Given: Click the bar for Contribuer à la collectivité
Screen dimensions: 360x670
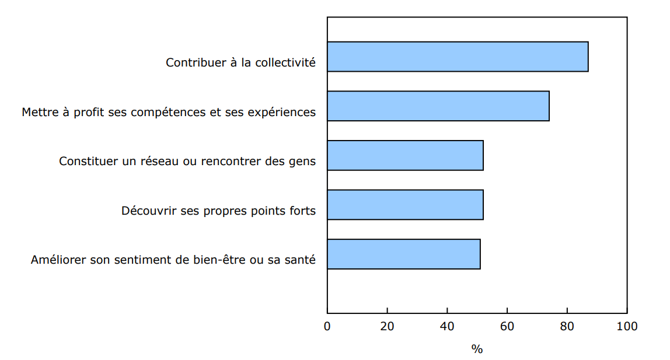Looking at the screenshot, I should [458, 57].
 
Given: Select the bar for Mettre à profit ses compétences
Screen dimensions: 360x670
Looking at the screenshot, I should [438, 106].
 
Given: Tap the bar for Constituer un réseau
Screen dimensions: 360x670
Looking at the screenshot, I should [405, 155].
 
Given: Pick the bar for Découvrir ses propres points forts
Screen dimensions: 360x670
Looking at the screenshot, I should [405, 205].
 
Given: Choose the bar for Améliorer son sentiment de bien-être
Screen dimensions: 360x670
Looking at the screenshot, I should [403, 254].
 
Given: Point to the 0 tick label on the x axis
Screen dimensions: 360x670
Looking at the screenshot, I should [327, 326].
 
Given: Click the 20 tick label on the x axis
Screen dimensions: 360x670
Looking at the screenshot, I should [387, 326].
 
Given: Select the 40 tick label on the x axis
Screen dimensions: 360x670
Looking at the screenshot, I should [447, 326].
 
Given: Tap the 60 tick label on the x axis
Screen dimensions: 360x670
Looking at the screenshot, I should [507, 326].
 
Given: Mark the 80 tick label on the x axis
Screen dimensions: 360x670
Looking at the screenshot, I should [567, 326].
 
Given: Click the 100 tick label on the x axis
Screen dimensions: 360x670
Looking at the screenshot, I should [627, 326].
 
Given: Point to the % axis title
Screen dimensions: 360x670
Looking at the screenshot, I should [477, 349].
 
